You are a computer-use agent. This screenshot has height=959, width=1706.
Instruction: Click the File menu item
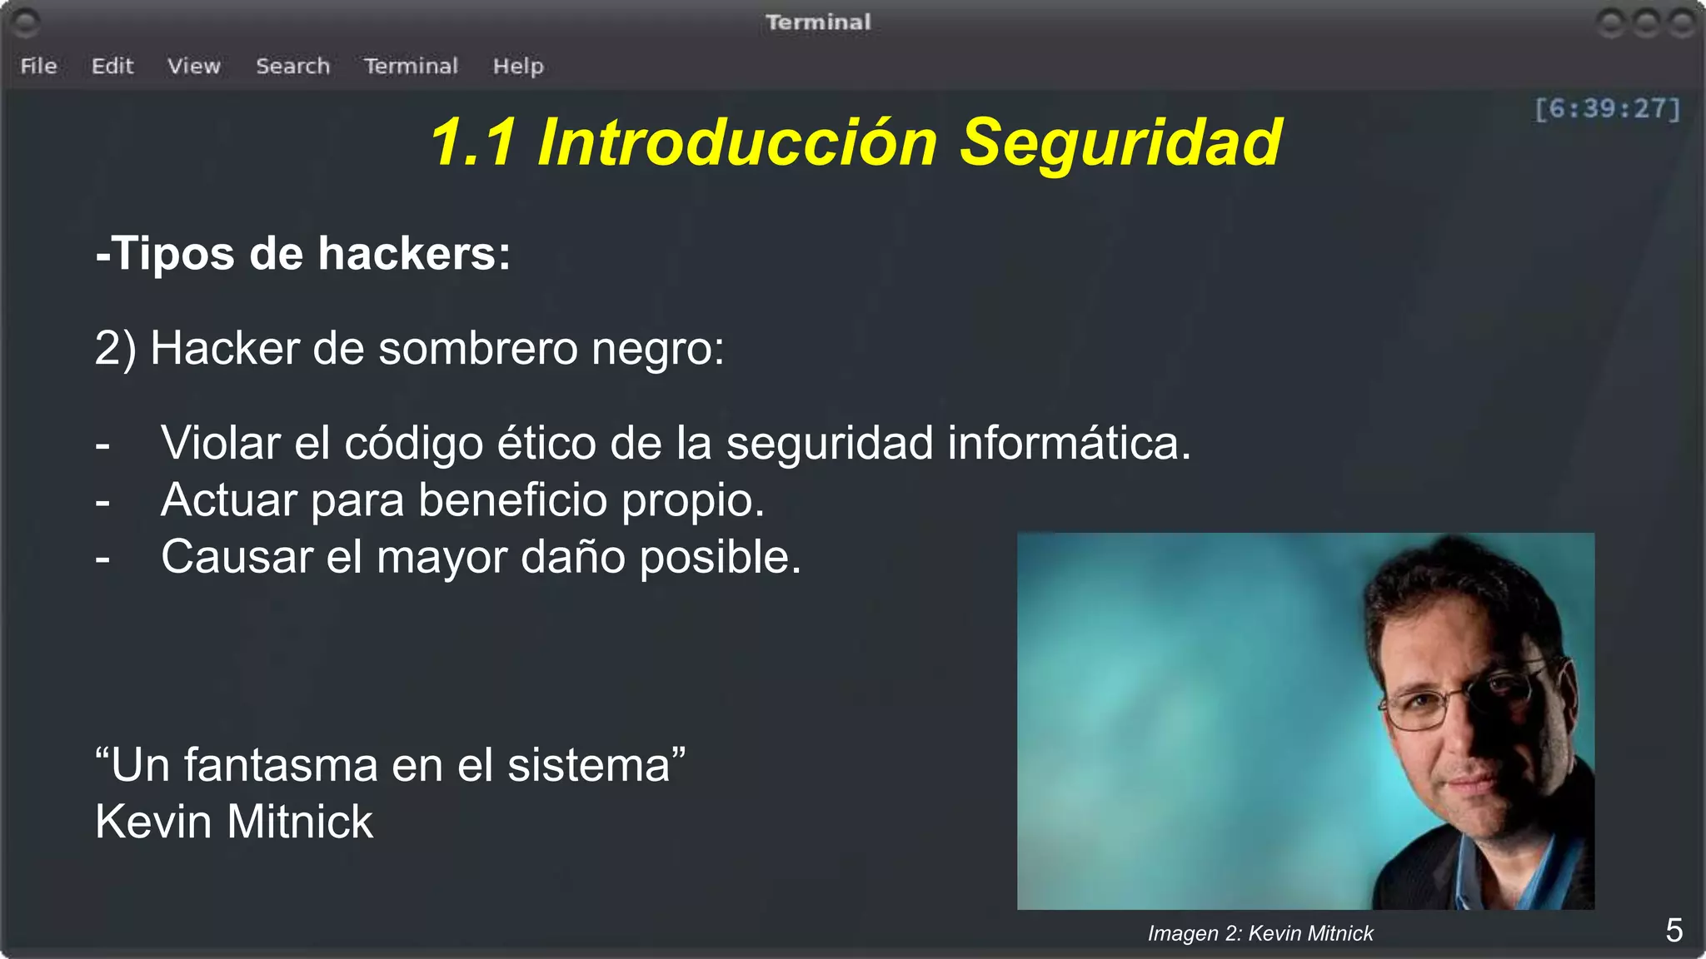[x=38, y=66]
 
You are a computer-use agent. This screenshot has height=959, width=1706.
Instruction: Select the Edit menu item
[x=112, y=66]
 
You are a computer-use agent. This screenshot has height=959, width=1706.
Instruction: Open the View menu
[x=194, y=66]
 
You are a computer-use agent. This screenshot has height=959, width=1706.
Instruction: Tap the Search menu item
[x=292, y=66]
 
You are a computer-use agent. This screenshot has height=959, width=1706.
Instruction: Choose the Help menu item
[x=517, y=66]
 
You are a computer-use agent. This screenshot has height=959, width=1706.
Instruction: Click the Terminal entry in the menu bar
[x=411, y=66]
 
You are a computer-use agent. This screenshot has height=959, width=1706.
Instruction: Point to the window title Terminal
[x=818, y=22]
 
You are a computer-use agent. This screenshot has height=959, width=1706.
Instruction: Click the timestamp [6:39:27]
[x=1607, y=108]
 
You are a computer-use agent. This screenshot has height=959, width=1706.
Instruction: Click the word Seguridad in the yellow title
[x=1120, y=142]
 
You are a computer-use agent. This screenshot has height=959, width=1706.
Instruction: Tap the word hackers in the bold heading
[x=413, y=253]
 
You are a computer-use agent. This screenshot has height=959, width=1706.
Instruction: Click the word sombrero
[x=477, y=348]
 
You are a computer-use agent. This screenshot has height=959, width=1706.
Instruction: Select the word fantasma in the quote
[x=280, y=765]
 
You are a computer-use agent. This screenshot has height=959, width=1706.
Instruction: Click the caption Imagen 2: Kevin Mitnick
[x=1260, y=933]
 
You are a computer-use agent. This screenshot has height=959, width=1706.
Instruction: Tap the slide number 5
[x=1674, y=931]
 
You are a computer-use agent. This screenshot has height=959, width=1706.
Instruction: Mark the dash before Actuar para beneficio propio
[x=102, y=502]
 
